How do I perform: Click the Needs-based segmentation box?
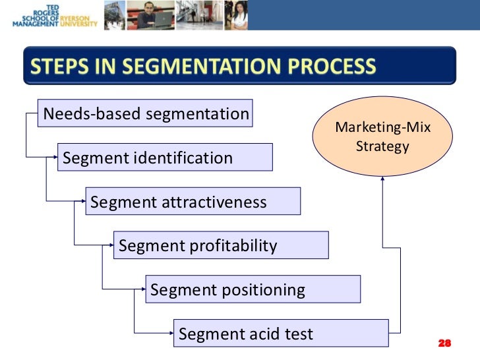coord(146,114)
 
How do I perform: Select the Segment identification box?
coord(165,158)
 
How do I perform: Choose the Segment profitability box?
coord(221,246)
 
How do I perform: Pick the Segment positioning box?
coord(253,289)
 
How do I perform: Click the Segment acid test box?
coord(280,334)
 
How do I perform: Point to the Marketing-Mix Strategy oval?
coord(382,137)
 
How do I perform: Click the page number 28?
coord(444,344)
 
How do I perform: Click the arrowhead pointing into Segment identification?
coord(55,158)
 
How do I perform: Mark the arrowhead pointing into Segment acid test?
coord(171,333)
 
